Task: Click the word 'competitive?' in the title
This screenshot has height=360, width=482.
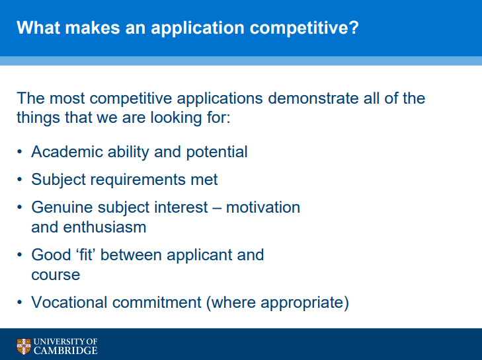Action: pyautogui.click(x=304, y=28)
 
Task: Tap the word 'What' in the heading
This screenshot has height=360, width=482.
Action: pyautogui.click(x=38, y=27)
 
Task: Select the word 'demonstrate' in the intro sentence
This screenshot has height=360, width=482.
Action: pyautogui.click(x=313, y=98)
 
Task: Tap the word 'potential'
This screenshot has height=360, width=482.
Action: pyautogui.click(x=217, y=153)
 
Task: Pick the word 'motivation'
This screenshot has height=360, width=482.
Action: pyautogui.click(x=263, y=207)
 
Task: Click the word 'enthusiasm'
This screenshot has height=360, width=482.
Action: pyautogui.click(x=104, y=227)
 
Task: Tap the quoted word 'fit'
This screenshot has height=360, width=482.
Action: pyautogui.click(x=86, y=254)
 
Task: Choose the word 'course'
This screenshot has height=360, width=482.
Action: pyautogui.click(x=56, y=275)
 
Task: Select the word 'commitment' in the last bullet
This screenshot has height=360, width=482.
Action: pyautogui.click(x=157, y=303)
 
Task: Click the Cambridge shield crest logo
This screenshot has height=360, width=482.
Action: pyautogui.click(x=24, y=346)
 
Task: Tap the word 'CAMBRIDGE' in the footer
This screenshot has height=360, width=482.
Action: pyautogui.click(x=65, y=350)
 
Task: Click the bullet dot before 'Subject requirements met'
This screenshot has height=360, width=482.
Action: pyautogui.click(x=20, y=179)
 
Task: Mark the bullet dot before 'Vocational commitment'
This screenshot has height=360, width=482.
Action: pyautogui.click(x=20, y=303)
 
